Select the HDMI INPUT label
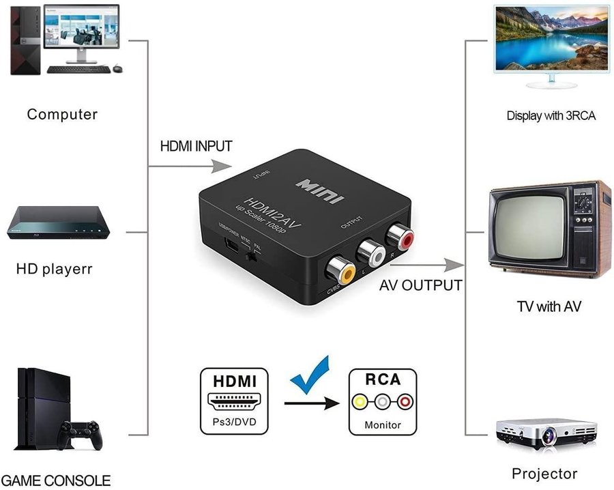coord(196,146)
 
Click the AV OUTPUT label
coord(421,285)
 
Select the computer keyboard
coord(78,69)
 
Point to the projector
coord(545,433)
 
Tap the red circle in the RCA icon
coord(405,403)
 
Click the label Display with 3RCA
coord(551,116)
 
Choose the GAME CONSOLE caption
coord(56,480)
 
